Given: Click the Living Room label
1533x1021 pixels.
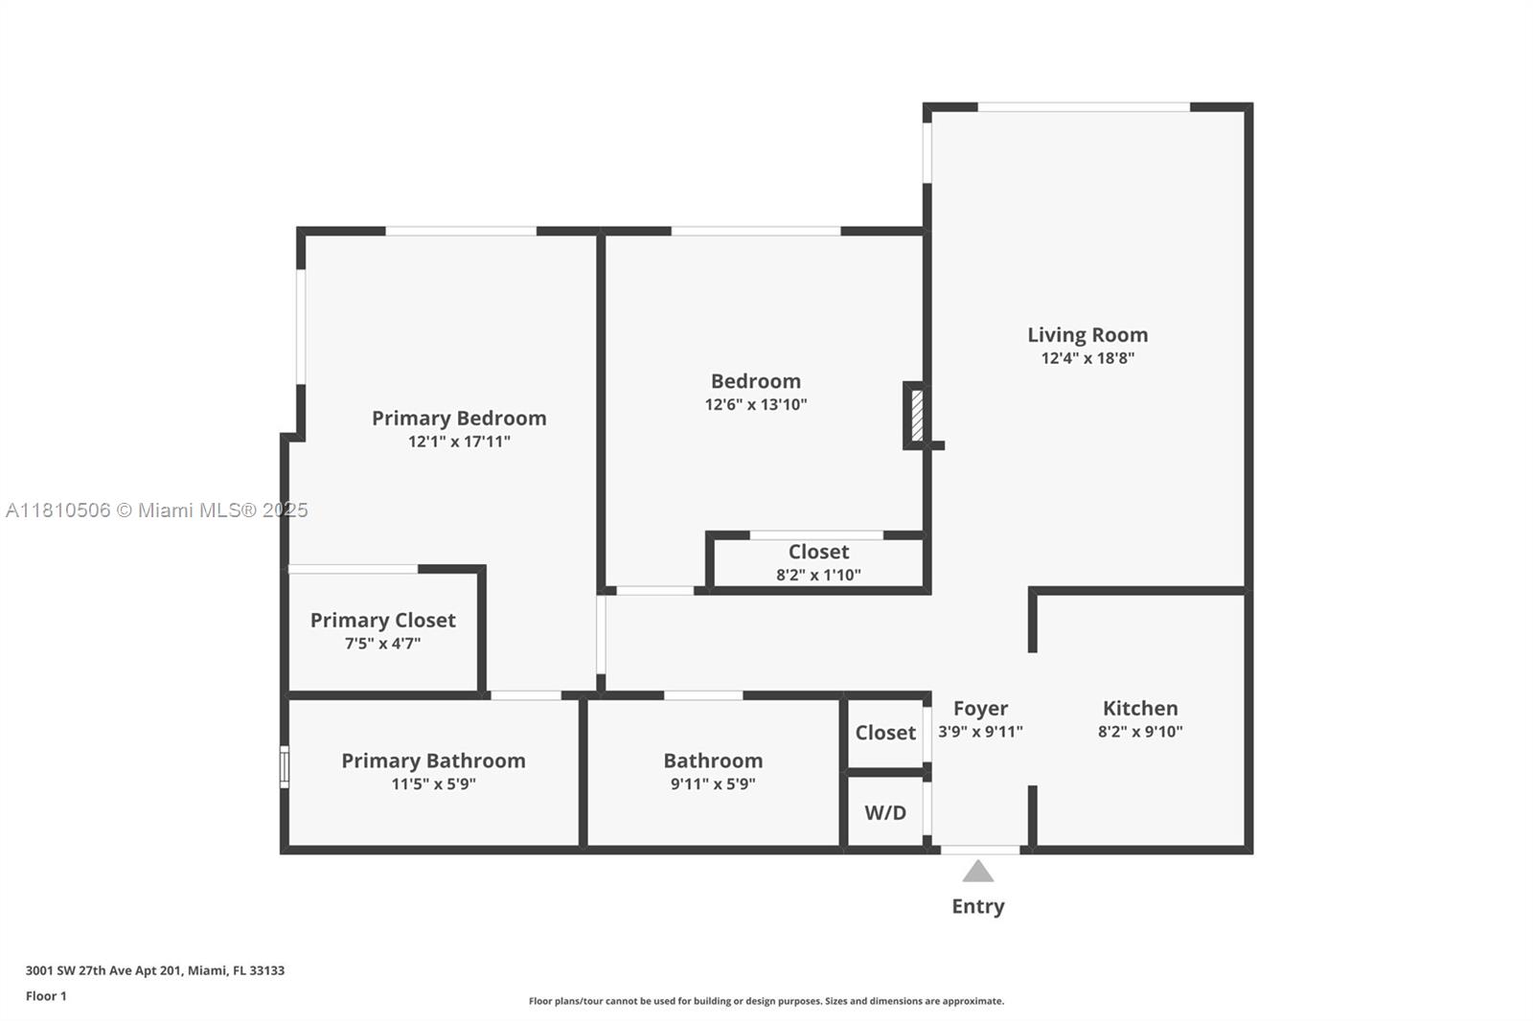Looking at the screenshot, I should [1087, 335].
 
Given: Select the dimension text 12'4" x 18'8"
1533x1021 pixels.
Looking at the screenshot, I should [1087, 358].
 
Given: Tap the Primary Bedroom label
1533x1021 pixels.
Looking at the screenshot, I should [459, 419].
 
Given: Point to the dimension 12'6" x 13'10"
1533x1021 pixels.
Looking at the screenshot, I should [756, 404].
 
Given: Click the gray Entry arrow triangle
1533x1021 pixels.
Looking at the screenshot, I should [977, 872].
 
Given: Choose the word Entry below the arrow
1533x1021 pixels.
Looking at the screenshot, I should [977, 906].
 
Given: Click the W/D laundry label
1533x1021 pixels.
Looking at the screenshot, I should [885, 813].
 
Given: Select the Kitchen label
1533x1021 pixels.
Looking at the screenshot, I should [1140, 709].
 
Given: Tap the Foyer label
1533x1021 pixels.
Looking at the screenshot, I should [980, 709].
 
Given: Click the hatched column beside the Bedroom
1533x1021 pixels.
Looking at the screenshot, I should [917, 415].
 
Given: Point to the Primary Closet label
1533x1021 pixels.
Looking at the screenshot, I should [382, 621].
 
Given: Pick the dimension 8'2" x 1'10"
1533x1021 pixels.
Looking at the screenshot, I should [818, 575].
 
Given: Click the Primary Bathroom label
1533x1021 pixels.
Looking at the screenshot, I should [433, 760].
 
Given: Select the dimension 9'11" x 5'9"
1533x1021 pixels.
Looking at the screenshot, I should [713, 783].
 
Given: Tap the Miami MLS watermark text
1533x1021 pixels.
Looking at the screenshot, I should [156, 510].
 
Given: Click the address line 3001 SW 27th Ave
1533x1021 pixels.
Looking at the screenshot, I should [154, 970].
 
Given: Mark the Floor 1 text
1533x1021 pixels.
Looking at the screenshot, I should [46, 996].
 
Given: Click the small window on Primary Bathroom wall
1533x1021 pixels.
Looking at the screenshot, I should [285, 766].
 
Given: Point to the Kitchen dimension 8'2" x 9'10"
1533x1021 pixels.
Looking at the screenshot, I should [1140, 732].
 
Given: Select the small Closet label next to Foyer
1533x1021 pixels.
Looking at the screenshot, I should [885, 733].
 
